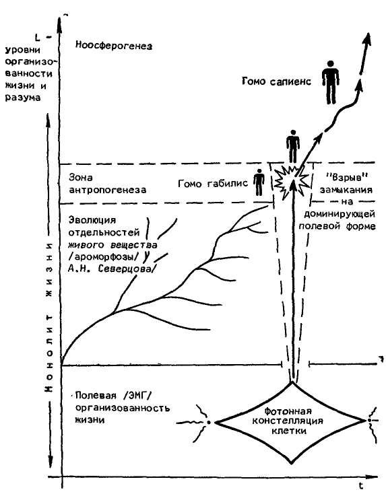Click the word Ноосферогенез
tap(114, 46)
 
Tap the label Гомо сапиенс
tap(276, 81)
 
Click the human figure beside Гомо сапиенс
tap(331, 83)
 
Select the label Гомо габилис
tap(213, 183)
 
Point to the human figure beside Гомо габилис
tap(259, 182)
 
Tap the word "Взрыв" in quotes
tap(346, 177)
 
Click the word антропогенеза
tap(108, 190)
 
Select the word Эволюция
tap(92, 219)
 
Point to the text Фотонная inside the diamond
tap(288, 411)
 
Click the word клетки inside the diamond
tap(289, 431)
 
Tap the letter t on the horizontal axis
tap(360, 485)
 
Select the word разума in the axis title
tap(23, 98)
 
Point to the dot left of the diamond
tap(208, 422)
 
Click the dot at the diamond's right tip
tap(368, 421)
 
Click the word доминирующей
tap(339, 215)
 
